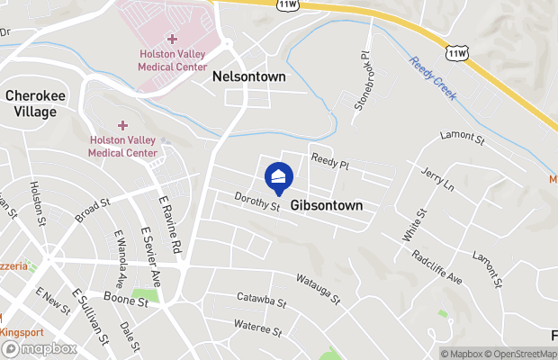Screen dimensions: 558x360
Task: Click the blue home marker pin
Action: [x=279, y=176]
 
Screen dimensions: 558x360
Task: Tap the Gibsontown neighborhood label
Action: [x=326, y=205]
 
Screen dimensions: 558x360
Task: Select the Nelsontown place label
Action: [x=248, y=77]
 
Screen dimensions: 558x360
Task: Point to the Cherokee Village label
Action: [x=31, y=103]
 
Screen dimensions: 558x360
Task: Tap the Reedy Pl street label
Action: [x=329, y=159]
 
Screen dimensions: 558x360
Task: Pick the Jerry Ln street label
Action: [x=438, y=178]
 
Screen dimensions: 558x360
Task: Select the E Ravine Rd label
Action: [x=169, y=226]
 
